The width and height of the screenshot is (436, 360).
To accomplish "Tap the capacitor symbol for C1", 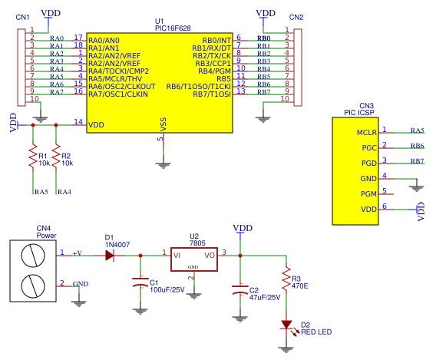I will click(x=139, y=285).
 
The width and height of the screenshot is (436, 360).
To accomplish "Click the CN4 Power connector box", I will click(x=31, y=271).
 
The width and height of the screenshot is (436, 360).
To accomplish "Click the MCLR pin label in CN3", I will click(x=367, y=132).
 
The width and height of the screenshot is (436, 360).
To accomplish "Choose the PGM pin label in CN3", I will click(x=369, y=194).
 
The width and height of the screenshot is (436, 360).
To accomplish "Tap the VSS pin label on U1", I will click(x=163, y=125).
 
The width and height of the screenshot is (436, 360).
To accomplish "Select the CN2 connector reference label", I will click(x=296, y=17).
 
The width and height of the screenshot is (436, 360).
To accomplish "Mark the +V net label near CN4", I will click(x=77, y=253).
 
